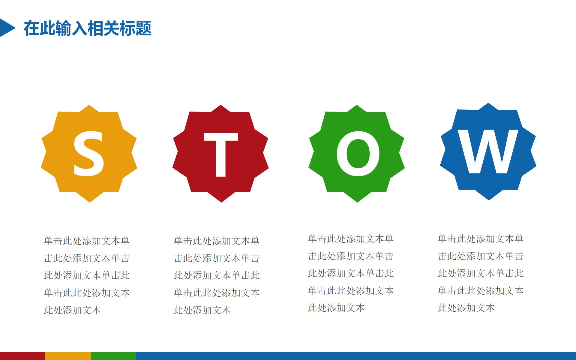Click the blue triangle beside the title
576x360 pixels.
tap(7, 28)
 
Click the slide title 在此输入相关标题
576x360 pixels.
tap(88, 28)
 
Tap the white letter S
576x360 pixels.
tap(89, 154)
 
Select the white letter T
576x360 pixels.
tap(221, 154)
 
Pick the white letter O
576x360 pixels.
tap(358, 154)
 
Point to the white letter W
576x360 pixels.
tap(488, 151)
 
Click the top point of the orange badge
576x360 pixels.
tap(89, 105)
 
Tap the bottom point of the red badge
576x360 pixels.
tap(221, 202)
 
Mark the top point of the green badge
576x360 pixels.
tap(356, 105)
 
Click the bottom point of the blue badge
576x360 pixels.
tap(489, 200)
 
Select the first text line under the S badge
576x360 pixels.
tap(87, 241)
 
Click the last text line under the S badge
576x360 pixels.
tap(72, 310)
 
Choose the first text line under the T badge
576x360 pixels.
tap(217, 241)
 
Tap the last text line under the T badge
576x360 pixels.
tap(202, 310)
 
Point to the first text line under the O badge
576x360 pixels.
tap(351, 238)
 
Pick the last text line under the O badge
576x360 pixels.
tap(336, 308)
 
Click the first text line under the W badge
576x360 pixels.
tap(481, 238)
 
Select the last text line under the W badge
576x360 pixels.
tap(466, 308)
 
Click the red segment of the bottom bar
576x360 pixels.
tap(22, 356)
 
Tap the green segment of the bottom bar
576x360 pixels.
tap(113, 356)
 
